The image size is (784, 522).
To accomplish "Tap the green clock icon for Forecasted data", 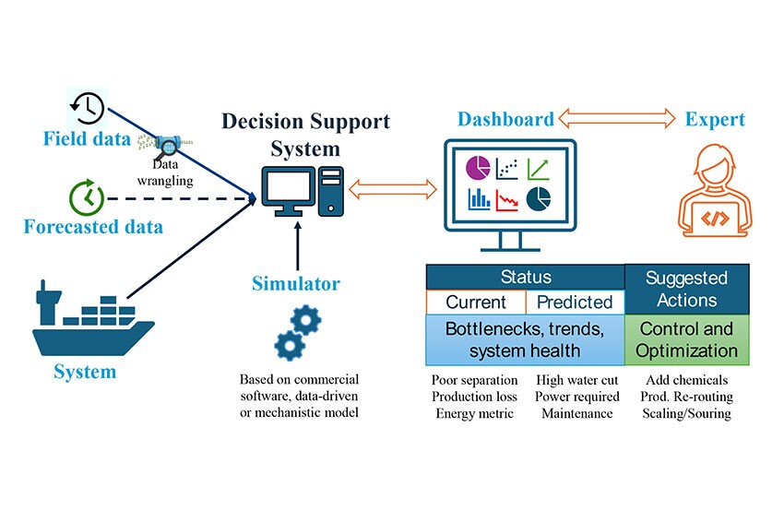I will (x=85, y=197).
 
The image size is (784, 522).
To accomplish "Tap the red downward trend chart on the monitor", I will (x=507, y=198).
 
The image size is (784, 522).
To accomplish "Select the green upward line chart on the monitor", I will (x=538, y=169).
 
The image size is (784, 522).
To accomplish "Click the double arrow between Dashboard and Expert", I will (x=618, y=118).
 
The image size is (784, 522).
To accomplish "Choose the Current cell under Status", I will (x=476, y=303).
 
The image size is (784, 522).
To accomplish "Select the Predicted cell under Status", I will (x=575, y=303).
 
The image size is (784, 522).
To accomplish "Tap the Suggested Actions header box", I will (x=687, y=289).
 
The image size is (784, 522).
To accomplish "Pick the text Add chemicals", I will (x=687, y=380).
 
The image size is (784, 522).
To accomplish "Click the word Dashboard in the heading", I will (x=506, y=118).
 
